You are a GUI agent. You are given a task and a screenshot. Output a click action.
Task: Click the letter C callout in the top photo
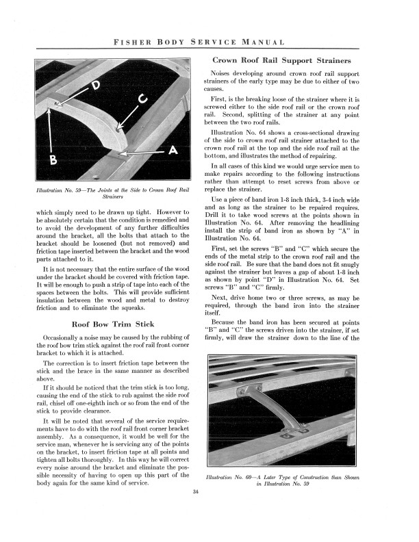[143, 99]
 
